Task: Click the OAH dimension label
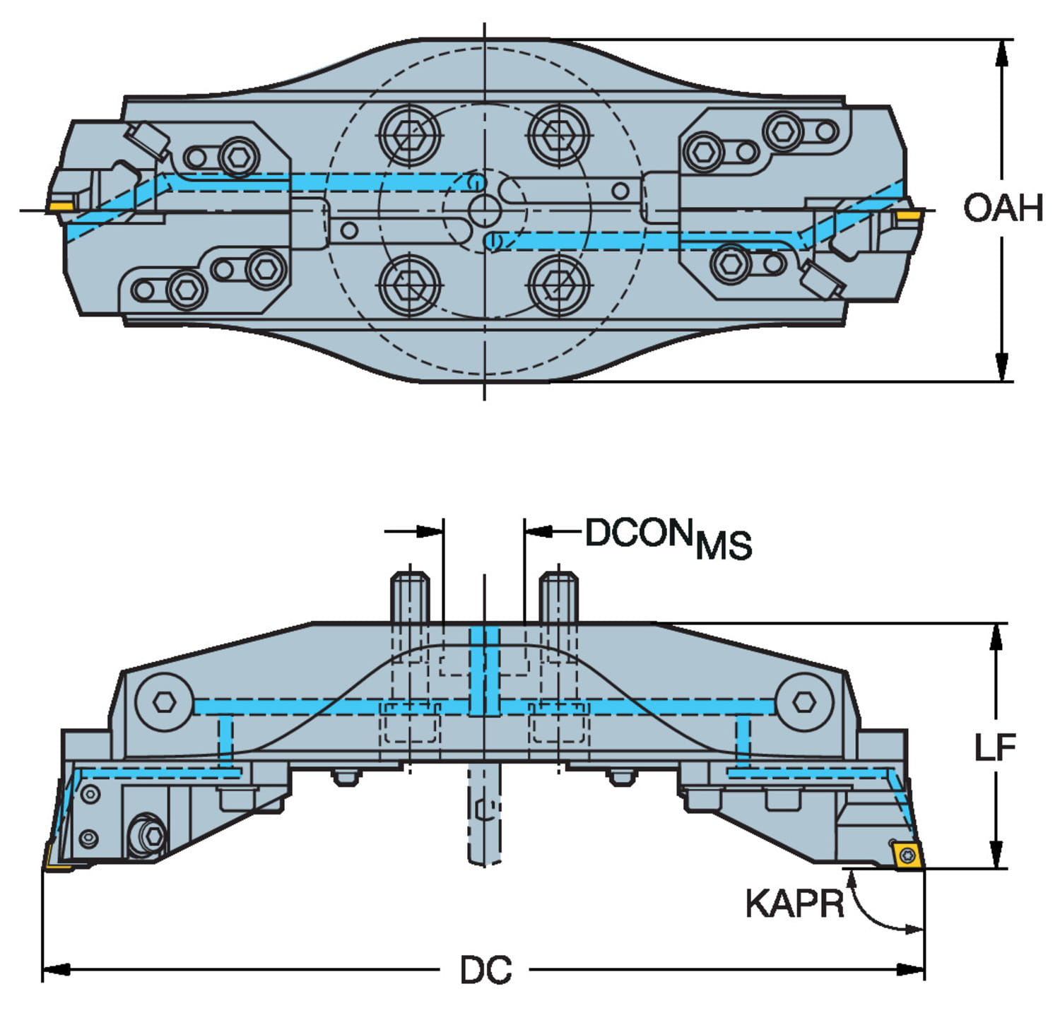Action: click(1003, 209)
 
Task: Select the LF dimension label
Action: click(995, 748)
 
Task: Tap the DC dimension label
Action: click(485, 971)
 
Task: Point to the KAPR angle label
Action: click(794, 904)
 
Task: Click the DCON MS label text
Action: click(668, 538)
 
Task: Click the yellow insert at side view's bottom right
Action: click(906, 857)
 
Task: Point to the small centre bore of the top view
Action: click(484, 210)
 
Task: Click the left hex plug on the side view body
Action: click(165, 701)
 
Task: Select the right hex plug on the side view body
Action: click(803, 701)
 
